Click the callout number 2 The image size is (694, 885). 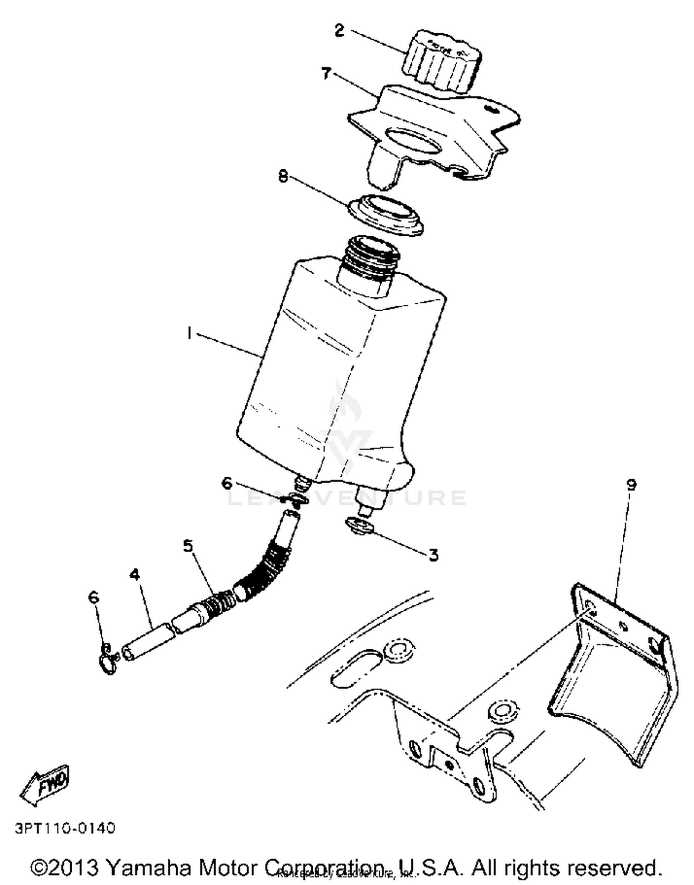point(339,31)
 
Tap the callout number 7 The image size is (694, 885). point(327,73)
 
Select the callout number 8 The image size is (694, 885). point(283,176)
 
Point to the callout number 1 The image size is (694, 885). point(189,332)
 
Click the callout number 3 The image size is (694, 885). point(433,554)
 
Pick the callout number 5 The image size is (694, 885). point(188,546)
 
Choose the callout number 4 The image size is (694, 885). point(134,574)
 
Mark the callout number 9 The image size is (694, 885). point(631,485)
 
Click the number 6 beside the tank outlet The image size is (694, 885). point(227,484)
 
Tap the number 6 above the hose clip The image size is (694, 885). point(93,597)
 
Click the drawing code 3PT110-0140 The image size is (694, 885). point(65,828)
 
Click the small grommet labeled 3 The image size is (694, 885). point(359,526)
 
